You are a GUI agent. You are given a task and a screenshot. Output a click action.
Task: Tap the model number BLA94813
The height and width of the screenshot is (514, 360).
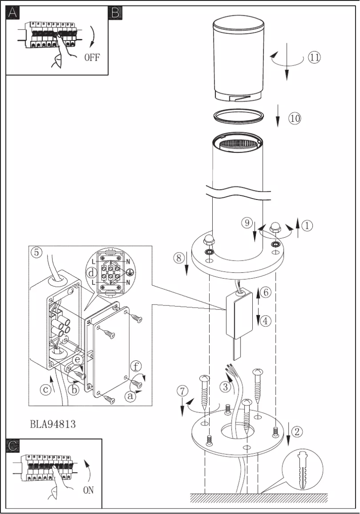pyautogui.click(x=53, y=424)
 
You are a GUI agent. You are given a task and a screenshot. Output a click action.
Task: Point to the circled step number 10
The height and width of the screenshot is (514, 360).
pyautogui.click(x=294, y=118)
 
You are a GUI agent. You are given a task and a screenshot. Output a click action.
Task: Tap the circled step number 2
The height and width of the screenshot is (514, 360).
pyautogui.click(x=297, y=431)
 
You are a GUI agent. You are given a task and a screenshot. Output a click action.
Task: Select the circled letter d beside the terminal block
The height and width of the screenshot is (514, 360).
pyautogui.click(x=91, y=273)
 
